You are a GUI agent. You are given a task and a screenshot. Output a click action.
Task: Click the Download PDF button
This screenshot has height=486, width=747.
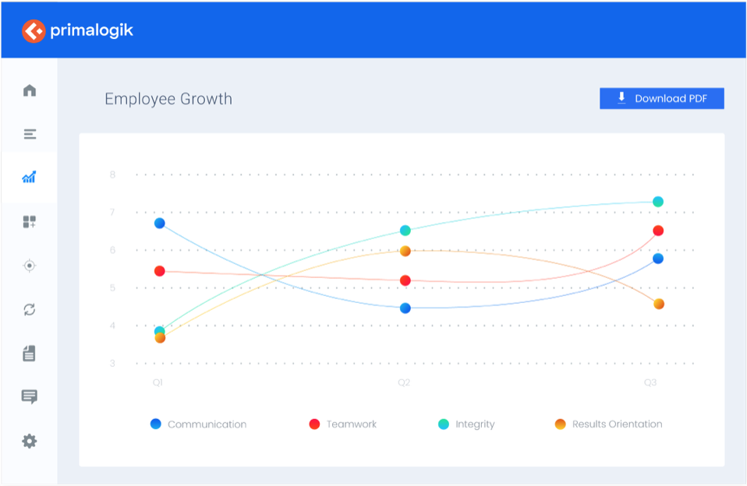661,98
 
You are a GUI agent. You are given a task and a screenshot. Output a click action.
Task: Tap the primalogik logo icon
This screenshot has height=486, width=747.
34,31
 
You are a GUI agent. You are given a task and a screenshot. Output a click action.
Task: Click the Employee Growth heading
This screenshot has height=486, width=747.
168,99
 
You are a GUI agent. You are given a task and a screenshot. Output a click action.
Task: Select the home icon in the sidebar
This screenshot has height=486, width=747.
30,90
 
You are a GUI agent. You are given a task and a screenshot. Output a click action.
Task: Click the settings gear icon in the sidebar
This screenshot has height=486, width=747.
30,442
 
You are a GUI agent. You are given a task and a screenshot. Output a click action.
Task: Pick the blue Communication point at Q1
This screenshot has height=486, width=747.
159,224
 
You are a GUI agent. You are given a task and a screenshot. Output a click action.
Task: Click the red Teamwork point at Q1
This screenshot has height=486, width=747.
159,271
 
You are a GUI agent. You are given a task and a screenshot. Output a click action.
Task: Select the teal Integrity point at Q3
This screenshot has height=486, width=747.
658,202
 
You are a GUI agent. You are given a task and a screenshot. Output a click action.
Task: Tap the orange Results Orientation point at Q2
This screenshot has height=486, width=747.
405,251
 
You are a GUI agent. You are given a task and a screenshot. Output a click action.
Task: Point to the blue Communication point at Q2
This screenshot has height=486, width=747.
405,308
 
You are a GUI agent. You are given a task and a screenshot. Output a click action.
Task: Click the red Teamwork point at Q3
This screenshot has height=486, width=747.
658,231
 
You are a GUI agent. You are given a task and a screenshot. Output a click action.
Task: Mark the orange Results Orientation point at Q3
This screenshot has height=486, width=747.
659,304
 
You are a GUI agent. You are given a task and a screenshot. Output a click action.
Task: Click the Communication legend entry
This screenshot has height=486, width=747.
199,424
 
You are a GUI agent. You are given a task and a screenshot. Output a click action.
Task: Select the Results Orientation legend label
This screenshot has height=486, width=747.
617,424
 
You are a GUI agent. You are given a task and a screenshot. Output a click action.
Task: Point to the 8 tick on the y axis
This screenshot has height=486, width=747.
112,174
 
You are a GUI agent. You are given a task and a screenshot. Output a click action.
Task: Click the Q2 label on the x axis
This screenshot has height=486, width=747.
404,382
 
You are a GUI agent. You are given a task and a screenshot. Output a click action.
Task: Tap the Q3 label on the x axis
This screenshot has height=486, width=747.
650,382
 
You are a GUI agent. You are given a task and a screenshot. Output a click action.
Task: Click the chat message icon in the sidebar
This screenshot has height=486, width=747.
30,397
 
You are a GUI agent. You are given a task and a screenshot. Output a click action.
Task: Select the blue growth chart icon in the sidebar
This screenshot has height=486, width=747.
30,178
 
